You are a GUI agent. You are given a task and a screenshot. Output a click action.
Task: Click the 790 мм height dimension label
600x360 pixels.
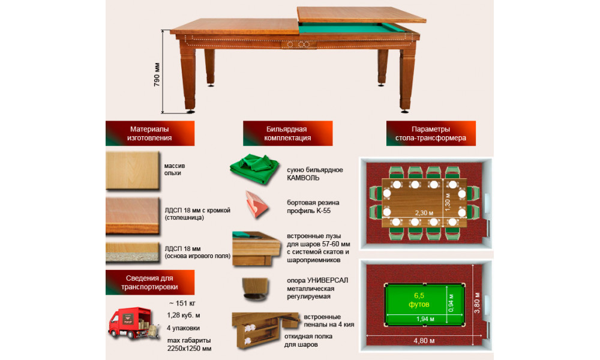point(157,74)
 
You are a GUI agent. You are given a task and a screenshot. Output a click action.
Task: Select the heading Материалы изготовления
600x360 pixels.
point(149,134)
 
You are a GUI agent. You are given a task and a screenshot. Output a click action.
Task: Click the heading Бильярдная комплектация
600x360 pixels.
point(287,134)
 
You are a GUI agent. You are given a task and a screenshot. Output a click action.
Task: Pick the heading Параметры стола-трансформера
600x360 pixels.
point(431,134)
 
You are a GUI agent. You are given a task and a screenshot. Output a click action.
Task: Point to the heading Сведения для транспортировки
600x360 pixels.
point(149,283)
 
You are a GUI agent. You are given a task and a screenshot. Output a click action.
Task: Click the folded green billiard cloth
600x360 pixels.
point(255,169)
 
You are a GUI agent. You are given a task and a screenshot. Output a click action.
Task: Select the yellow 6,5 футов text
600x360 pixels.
point(419,300)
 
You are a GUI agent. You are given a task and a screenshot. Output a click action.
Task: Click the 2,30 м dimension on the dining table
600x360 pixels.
point(424,213)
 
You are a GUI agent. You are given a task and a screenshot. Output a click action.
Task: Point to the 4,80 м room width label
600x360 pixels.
point(424,340)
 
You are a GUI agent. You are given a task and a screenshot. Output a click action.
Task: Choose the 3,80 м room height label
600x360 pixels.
point(477,303)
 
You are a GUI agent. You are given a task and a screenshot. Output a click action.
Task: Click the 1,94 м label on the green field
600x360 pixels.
point(425,319)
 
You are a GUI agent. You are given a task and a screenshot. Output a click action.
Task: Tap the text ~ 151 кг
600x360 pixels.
point(182,304)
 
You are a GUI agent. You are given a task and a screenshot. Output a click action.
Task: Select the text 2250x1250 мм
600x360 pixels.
point(189,349)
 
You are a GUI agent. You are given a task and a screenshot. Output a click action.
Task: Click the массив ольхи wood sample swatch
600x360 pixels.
point(133,170)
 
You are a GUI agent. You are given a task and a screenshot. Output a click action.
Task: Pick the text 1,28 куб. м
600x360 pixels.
point(184,316)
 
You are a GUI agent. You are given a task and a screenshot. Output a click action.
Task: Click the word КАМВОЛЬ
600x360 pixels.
point(303,178)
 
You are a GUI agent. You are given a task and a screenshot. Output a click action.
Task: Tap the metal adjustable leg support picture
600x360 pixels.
point(255,289)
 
